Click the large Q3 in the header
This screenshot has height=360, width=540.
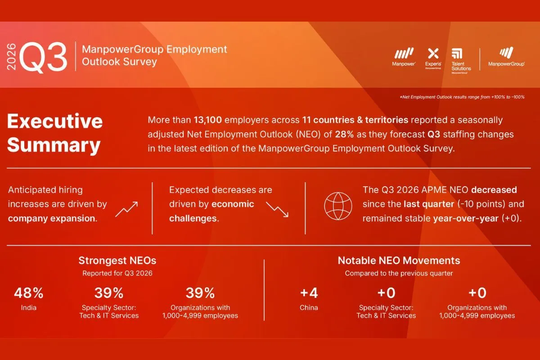(x=43, y=57)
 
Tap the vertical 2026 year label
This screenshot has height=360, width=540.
(x=11, y=57)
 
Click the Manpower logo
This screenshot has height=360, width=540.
(x=404, y=57)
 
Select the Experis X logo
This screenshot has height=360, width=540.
(x=433, y=58)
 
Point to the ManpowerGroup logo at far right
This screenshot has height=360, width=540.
(x=506, y=57)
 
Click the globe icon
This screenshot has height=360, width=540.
(x=338, y=206)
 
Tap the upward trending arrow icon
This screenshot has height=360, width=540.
(x=126, y=209)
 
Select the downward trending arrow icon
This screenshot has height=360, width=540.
(x=277, y=209)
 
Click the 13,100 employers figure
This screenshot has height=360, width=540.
(x=207, y=120)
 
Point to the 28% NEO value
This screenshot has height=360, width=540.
(x=344, y=134)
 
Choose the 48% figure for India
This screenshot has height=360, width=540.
(x=29, y=293)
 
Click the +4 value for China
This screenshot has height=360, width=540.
(x=309, y=293)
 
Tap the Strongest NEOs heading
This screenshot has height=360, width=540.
(x=117, y=261)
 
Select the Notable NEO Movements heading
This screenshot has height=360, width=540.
(x=399, y=261)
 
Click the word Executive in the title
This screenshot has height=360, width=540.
(x=55, y=121)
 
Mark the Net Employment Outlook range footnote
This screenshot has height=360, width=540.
(x=462, y=97)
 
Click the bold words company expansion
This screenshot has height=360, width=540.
(x=53, y=218)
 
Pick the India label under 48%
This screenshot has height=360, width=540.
(x=29, y=308)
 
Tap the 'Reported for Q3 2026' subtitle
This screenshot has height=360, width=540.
(x=117, y=273)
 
